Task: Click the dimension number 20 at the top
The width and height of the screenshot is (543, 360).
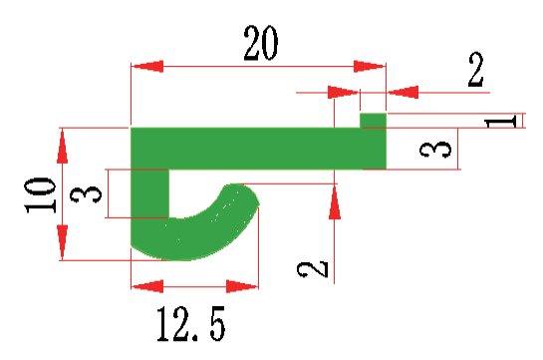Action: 261,43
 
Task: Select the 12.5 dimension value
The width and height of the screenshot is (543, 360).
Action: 191,324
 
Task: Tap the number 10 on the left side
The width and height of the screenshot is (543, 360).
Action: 40,195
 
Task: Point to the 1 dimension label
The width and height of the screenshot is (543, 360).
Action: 501,122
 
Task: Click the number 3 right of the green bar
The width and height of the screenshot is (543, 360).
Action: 435,149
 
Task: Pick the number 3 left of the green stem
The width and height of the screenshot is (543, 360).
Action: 86,194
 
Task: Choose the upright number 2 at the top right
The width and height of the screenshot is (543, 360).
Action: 475,70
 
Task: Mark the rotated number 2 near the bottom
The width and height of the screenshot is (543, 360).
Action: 313,269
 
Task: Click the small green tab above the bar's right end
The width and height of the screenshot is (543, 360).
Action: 373,121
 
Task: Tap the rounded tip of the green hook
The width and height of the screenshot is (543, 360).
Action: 248,195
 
